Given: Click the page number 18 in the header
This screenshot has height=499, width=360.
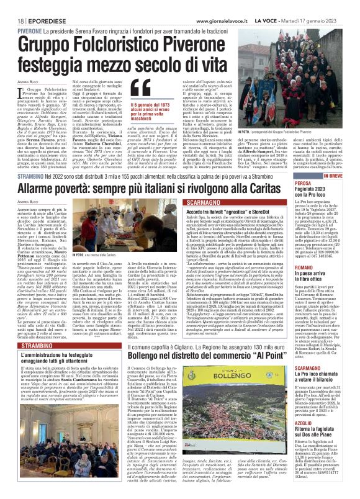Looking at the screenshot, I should point(20,20).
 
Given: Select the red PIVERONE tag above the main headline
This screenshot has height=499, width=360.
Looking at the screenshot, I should point(29,29).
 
